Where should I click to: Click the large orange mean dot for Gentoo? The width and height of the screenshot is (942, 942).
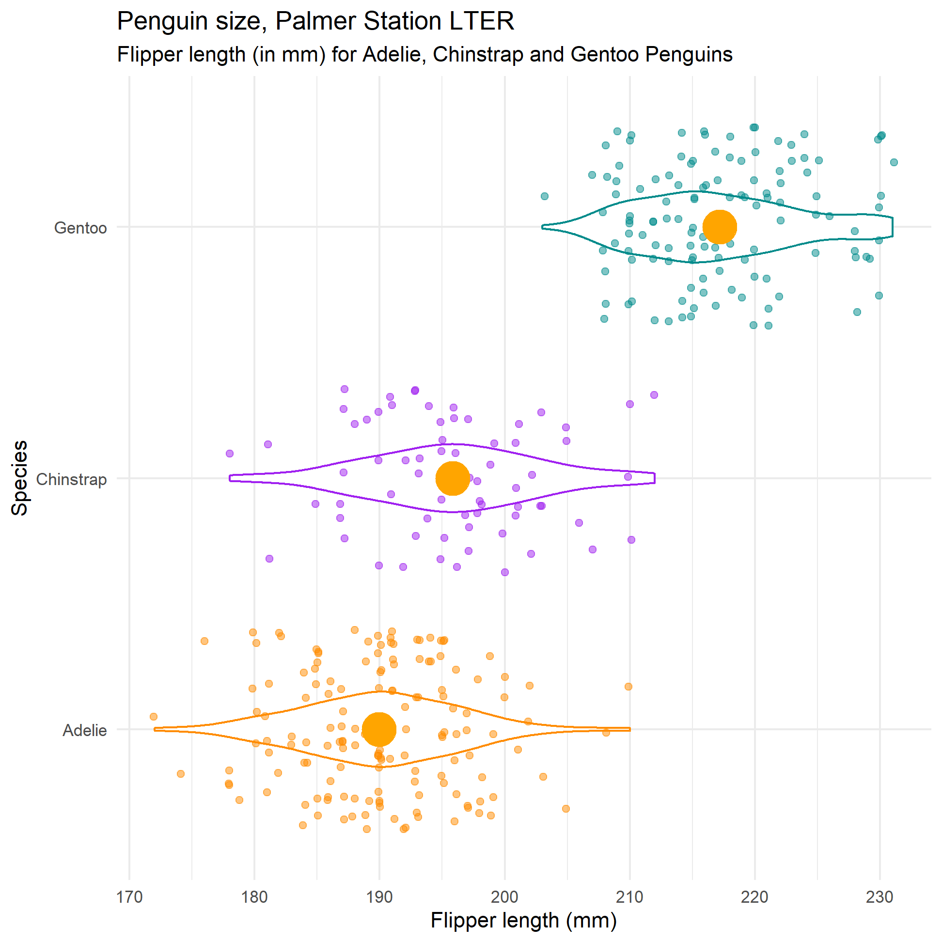point(719,227)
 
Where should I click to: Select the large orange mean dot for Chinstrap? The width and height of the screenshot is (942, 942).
point(453,478)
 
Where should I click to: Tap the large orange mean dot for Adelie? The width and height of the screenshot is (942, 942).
point(379,729)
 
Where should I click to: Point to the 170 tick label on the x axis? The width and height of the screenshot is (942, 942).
point(129,896)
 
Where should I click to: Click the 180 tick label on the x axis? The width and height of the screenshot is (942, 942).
point(254,896)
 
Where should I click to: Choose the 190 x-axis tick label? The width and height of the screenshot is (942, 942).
point(379,896)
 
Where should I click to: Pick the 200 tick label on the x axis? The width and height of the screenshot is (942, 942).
point(504,896)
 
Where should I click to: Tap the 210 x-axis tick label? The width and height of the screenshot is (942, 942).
point(629,896)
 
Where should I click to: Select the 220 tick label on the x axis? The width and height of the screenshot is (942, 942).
point(755,896)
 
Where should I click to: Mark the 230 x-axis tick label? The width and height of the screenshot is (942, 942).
point(879,896)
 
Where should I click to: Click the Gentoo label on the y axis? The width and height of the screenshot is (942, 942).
point(80,228)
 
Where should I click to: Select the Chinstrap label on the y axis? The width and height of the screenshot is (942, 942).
point(71,479)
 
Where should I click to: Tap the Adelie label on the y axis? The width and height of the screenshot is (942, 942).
point(84,730)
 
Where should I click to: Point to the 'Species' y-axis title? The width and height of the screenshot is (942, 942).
point(19,478)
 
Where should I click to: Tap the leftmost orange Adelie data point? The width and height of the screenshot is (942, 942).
point(154,717)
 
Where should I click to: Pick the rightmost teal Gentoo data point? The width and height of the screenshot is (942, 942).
point(894,162)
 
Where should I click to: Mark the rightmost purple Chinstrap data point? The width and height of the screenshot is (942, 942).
point(654,395)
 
